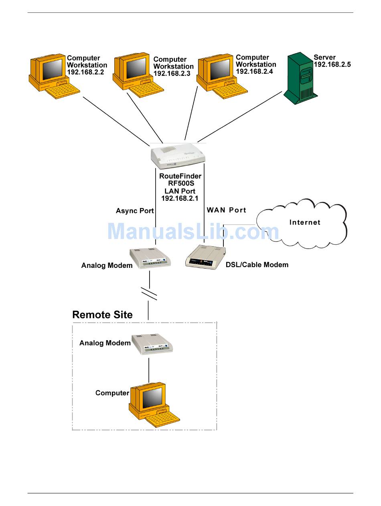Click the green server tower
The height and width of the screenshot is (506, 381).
point(300,78)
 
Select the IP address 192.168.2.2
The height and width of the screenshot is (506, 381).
point(85,72)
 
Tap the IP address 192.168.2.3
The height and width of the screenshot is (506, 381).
point(172,73)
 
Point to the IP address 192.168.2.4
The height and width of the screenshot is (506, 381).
point(254,71)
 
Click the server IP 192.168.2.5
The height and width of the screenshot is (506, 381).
point(332,65)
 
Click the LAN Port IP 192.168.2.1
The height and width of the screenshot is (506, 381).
point(180,198)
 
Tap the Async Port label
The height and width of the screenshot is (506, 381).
point(135,211)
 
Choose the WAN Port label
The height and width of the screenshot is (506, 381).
point(227,210)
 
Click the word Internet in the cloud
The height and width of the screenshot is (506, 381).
point(305,222)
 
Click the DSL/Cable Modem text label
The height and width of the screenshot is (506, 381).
point(257,265)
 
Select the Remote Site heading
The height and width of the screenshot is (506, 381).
point(102,315)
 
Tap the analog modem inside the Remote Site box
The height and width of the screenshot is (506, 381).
point(152,344)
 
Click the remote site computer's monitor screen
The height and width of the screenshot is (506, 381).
point(152,398)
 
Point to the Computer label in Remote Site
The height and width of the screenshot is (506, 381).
point(112,393)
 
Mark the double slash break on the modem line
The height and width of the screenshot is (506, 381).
point(149,294)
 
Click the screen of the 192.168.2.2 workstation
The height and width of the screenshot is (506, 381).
point(53,69)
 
